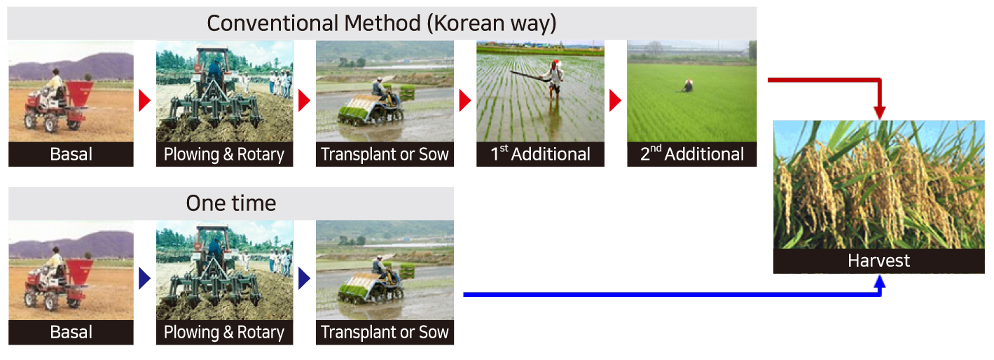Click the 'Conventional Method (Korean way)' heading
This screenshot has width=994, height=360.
click(382, 24)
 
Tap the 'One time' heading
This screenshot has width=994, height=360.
click(230, 203)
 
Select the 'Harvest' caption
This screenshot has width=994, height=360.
click(878, 261)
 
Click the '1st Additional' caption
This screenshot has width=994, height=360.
click(540, 154)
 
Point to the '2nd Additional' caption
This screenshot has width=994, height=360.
click(692, 154)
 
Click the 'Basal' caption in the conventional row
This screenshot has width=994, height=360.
click(71, 154)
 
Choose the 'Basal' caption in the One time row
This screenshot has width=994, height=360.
click(71, 332)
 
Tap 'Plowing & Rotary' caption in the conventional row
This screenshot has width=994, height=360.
click(224, 155)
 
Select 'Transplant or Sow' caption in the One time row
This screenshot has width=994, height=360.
click(385, 332)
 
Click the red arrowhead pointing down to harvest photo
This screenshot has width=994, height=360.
click(880, 113)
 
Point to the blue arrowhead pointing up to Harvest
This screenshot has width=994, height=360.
click(880, 282)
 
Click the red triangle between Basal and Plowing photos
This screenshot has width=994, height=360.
click(145, 100)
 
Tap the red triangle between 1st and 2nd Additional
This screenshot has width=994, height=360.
click(615, 100)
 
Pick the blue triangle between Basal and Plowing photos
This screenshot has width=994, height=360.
click(145, 279)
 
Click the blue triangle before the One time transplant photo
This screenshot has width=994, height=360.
click(305, 279)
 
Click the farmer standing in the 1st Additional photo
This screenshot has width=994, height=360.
click(553, 80)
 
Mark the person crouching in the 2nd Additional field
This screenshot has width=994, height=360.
click(687, 85)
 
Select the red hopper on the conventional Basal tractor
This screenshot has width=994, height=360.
click(80, 95)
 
